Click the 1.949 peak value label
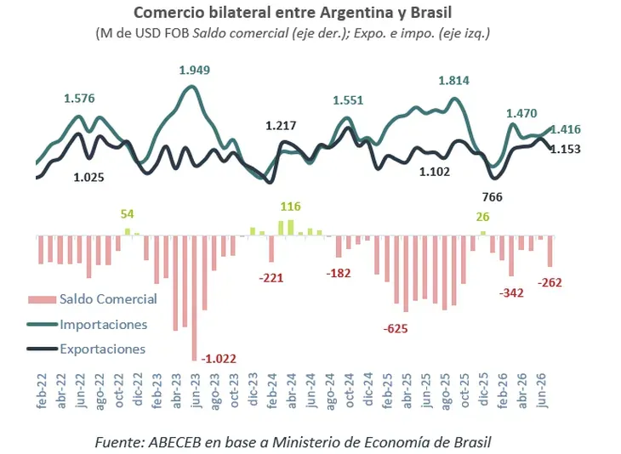(x=195, y=70)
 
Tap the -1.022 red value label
(x=219, y=359)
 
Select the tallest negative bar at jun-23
(x=194, y=298)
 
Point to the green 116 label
(x=291, y=207)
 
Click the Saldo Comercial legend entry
(x=93, y=298)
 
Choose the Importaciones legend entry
(x=87, y=325)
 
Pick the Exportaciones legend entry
(x=86, y=349)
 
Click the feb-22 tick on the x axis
(x=42, y=390)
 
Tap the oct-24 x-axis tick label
(x=350, y=390)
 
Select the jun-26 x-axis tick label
(x=542, y=390)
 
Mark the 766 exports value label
(x=493, y=197)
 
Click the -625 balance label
(x=396, y=328)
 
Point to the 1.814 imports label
(x=454, y=81)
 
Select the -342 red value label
(x=511, y=293)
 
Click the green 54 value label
(x=127, y=214)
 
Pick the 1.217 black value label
(x=281, y=126)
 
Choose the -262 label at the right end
(x=550, y=282)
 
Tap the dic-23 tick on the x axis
(x=253, y=390)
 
